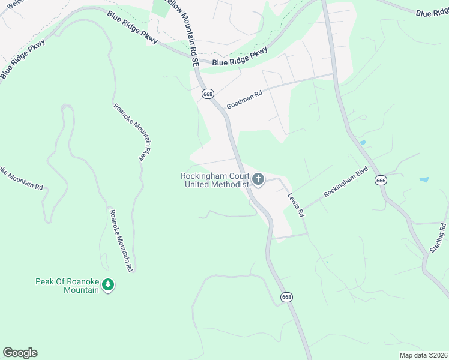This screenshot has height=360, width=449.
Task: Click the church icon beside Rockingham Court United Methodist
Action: pos(258,179)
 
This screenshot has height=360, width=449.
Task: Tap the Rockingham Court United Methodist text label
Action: pos(215,180)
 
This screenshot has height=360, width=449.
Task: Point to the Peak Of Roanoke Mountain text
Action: pos(67,286)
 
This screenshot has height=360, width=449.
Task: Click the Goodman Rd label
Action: pos(244,100)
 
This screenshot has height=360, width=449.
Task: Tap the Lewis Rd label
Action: pos(296,205)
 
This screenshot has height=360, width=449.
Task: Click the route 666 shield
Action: pos(381,180)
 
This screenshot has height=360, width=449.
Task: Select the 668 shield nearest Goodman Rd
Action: pos(208,94)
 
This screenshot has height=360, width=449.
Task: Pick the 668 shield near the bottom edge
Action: pos(286,297)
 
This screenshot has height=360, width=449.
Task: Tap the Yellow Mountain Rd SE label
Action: pos(190,30)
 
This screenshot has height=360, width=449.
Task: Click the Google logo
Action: pos(20,352)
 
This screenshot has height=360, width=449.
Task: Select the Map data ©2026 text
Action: pos(423,355)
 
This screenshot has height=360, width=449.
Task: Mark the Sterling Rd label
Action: pos(436,238)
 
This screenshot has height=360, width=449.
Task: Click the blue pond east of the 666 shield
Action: pos(424,179)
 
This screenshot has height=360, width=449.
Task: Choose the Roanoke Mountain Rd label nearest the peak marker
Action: pos(120,241)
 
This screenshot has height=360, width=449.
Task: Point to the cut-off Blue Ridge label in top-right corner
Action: pos(432,12)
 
